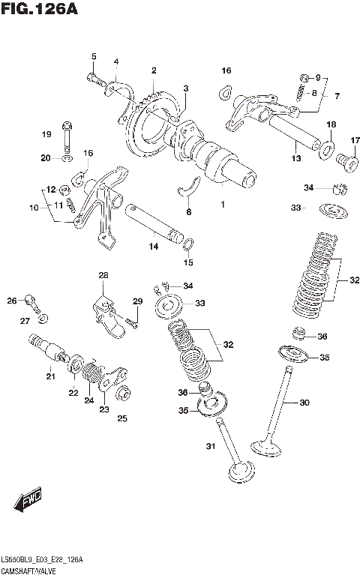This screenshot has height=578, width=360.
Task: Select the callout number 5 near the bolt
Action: [x=94, y=56]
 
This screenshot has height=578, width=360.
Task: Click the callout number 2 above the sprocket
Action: [x=153, y=70]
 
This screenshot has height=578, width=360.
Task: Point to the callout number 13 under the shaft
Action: [x=296, y=158]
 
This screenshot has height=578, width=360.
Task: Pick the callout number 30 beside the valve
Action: [x=304, y=403]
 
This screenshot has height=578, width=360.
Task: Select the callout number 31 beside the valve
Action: [x=211, y=448]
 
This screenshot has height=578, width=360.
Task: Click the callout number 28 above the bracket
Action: [x=103, y=276]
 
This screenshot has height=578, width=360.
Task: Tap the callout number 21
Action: [x=51, y=376]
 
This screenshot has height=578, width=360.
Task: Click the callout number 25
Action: [x=121, y=418]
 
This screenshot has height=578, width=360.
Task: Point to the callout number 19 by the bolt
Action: [x=46, y=135]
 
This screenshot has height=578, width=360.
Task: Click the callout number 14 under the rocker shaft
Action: [x=153, y=246]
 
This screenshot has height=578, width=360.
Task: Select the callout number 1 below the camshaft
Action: [x=222, y=205]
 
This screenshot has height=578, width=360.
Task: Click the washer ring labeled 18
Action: [x=327, y=146]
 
